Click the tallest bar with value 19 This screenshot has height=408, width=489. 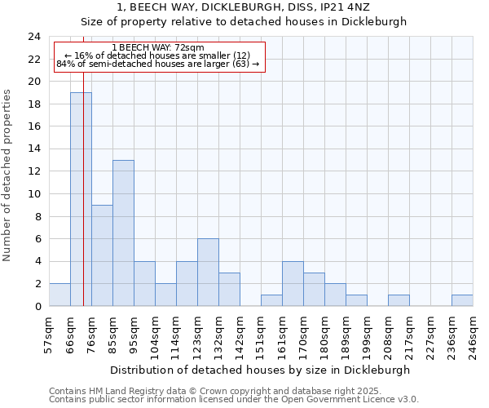pyautogui.click(x=81, y=199)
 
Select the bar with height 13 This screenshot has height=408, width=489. pyautogui.click(x=123, y=233)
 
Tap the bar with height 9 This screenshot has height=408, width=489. pyautogui.click(x=102, y=255)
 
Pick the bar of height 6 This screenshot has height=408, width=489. pyautogui.click(x=208, y=273)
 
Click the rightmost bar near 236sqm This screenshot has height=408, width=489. pyautogui.click(x=462, y=300)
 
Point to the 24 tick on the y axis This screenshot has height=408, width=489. pyautogui.click(x=34, y=37)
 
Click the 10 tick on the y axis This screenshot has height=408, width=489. pyautogui.click(x=34, y=194)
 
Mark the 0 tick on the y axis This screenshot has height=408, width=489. pyautogui.click(x=37, y=306)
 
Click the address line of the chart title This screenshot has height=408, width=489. pyautogui.click(x=244, y=7)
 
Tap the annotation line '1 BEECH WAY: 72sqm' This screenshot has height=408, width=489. pyautogui.click(x=158, y=48)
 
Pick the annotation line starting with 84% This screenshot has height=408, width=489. pyautogui.click(x=158, y=64)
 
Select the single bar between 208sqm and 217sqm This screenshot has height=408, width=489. pyautogui.click(x=399, y=300)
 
